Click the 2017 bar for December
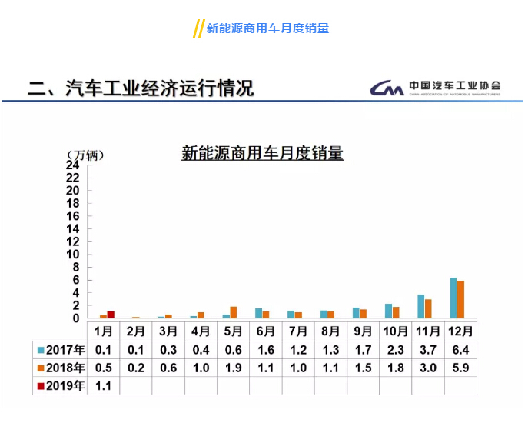click(453, 298)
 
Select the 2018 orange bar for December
click(460, 299)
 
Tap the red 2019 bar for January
click(111, 315)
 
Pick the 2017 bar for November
click(421, 306)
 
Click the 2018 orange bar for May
click(234, 312)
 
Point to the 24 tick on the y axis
click(73, 165)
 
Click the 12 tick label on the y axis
click(73, 241)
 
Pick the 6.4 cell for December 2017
click(459, 349)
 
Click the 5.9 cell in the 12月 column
click(459, 368)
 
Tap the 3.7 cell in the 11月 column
click(427, 349)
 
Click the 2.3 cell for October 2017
click(394, 349)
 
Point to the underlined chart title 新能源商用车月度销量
click(262, 153)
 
